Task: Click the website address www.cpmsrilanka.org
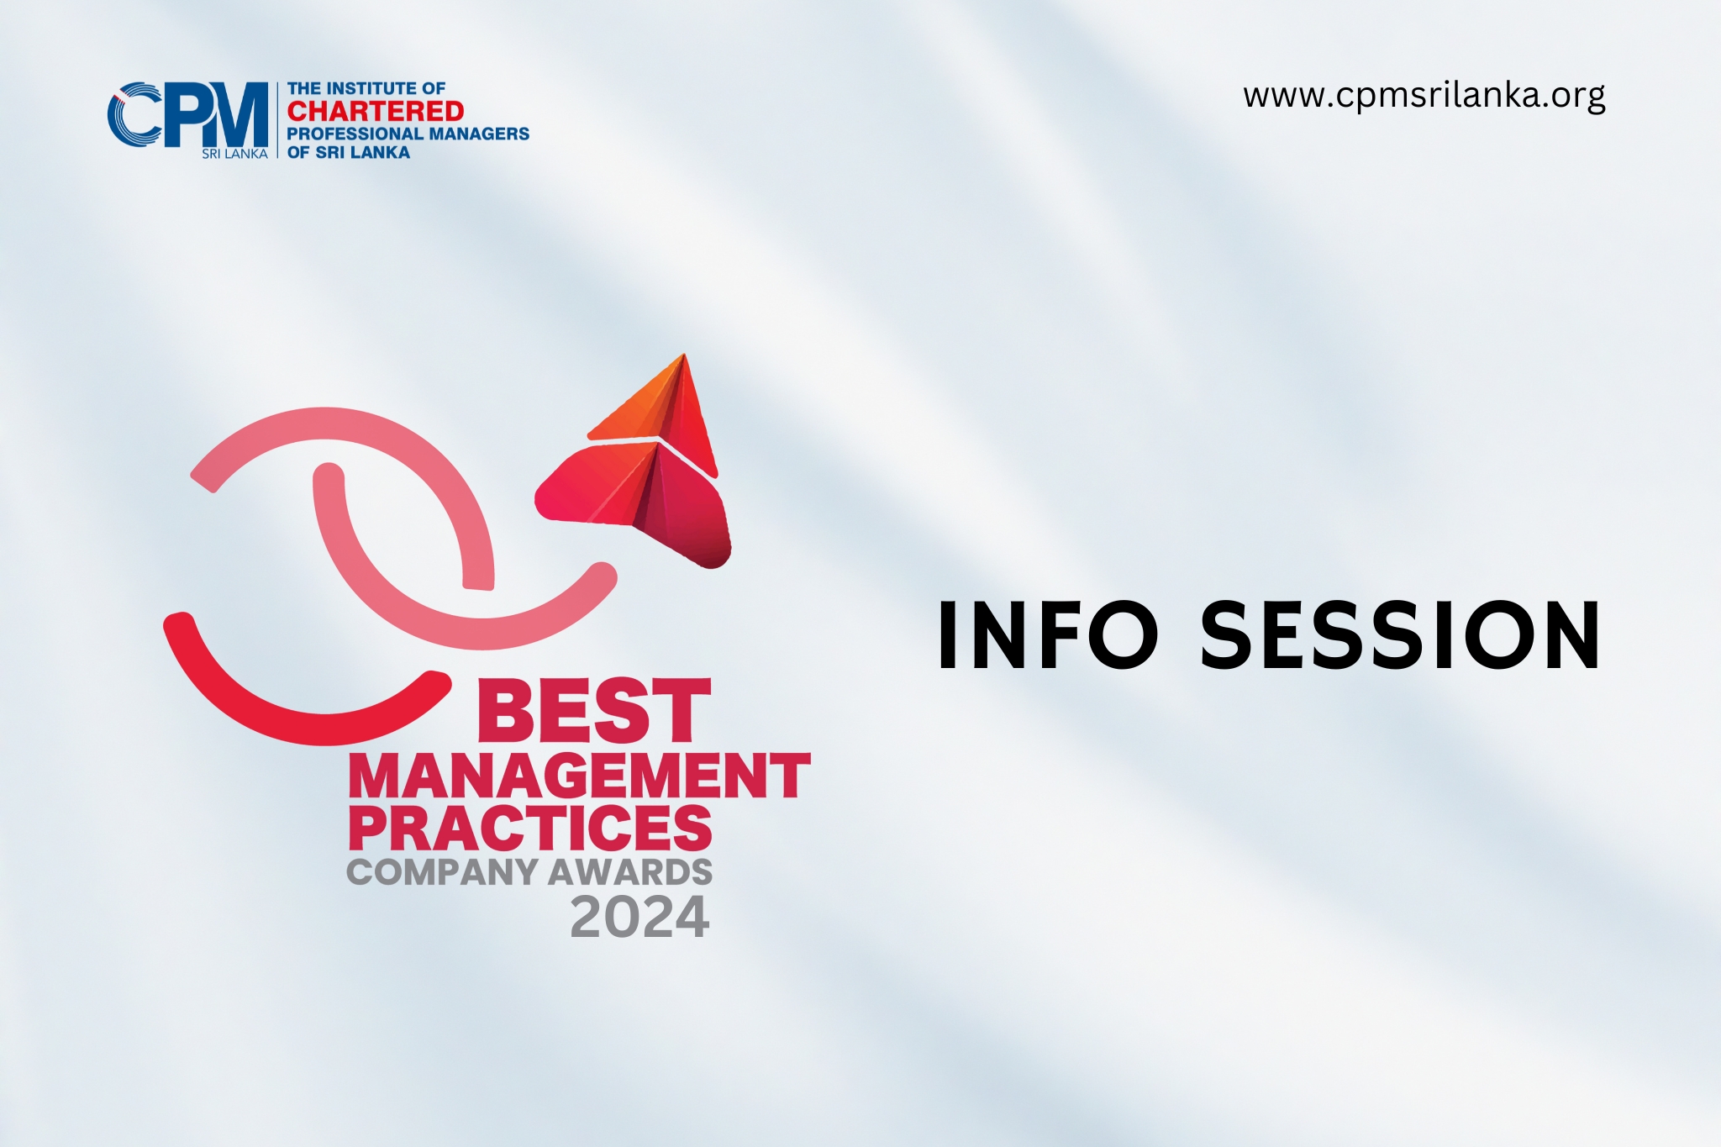[x=1424, y=96]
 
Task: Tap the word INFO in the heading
[x=1048, y=635]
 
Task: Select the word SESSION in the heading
[x=1400, y=635]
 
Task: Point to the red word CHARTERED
[x=375, y=111]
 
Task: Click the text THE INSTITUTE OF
[x=366, y=88]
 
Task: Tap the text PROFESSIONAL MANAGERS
[x=408, y=134]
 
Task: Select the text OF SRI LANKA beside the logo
[x=349, y=152]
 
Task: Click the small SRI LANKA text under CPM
[x=234, y=154]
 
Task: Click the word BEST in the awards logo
[x=594, y=711]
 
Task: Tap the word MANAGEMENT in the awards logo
[x=579, y=775]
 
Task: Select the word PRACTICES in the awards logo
[x=530, y=828]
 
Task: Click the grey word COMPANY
[x=442, y=871]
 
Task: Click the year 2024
[x=639, y=917]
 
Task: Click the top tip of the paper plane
[x=684, y=355]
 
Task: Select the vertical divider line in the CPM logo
[x=277, y=120]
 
